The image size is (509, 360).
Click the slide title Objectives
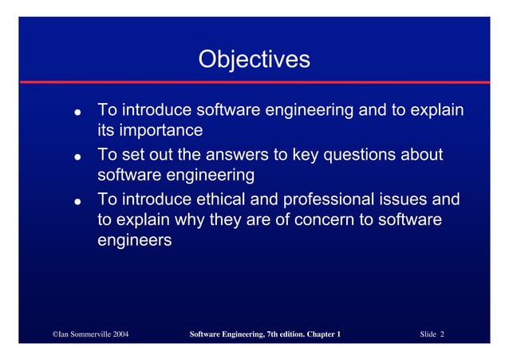coord(254,59)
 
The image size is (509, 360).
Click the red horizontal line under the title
coord(254,82)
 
